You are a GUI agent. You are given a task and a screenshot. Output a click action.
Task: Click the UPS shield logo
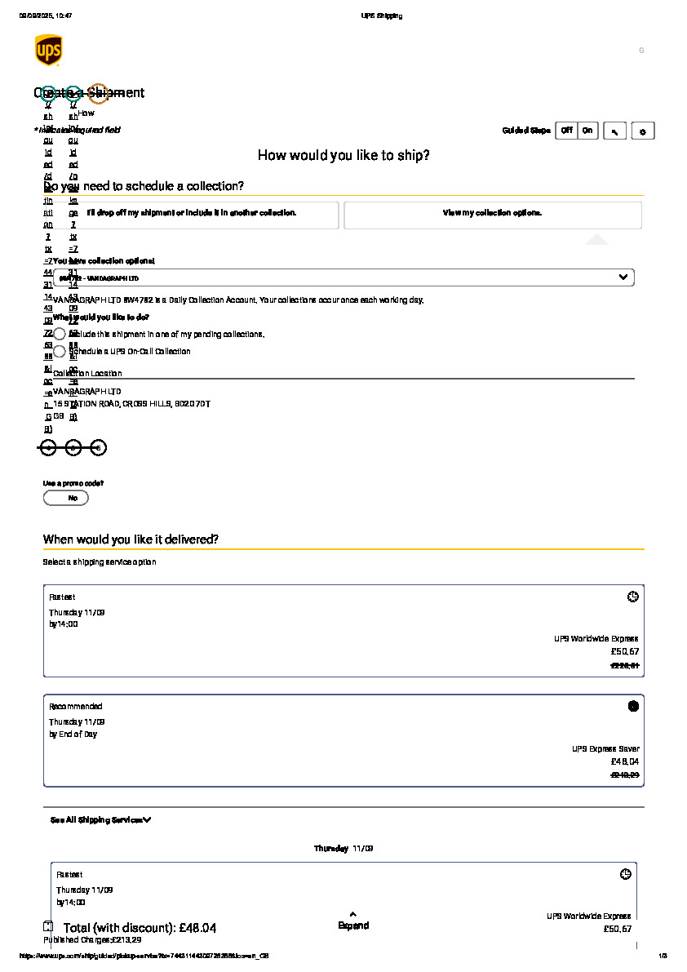[x=48, y=50]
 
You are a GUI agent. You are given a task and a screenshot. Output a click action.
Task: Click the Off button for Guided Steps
[x=566, y=131]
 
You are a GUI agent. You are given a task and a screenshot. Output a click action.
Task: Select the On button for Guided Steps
[x=587, y=131]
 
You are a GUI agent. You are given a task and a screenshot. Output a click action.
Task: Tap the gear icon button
[x=643, y=131]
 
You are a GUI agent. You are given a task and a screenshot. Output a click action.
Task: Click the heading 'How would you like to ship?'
[x=343, y=155]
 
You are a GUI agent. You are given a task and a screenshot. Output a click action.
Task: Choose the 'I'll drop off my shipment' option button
[x=191, y=214]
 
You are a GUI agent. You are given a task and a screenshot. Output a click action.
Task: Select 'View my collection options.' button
[x=492, y=214]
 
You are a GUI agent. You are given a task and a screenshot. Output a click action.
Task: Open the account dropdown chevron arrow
[x=623, y=277]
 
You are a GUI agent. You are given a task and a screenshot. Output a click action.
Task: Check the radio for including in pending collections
[x=60, y=334]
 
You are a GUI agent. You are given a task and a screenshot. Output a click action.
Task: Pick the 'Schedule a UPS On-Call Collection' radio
[x=60, y=352]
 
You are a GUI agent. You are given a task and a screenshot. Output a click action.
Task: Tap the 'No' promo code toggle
[x=66, y=498]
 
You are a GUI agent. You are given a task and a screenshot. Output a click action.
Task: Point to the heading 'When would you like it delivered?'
[x=131, y=539]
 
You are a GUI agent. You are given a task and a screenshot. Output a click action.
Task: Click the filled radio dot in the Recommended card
[x=633, y=706]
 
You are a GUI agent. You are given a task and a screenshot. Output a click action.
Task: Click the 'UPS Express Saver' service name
[x=605, y=748]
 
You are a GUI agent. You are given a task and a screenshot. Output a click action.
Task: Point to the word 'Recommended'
[x=76, y=706]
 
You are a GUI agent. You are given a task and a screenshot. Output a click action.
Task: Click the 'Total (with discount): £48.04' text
[x=140, y=928]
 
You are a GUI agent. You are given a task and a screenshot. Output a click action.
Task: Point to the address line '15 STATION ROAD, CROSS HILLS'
[x=131, y=404]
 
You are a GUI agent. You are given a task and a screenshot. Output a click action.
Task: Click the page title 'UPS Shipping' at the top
[x=381, y=16]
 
